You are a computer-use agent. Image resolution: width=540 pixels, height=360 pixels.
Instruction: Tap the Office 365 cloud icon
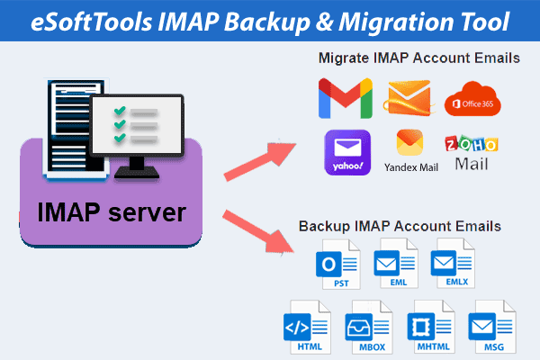[x=471, y=99]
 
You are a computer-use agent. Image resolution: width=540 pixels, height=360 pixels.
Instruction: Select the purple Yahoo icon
[x=346, y=153]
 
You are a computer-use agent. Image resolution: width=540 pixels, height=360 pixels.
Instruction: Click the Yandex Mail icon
[x=410, y=146]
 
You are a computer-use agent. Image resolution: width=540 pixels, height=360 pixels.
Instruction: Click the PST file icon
[x=335, y=265]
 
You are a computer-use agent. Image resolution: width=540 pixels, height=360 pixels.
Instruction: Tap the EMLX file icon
[x=453, y=265]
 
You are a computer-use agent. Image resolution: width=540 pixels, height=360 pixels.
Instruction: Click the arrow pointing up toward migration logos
[x=262, y=159]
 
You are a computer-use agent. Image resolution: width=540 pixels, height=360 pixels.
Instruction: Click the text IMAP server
[x=112, y=213]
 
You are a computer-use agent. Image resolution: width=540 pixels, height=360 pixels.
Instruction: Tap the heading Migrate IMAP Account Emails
[x=418, y=58]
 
